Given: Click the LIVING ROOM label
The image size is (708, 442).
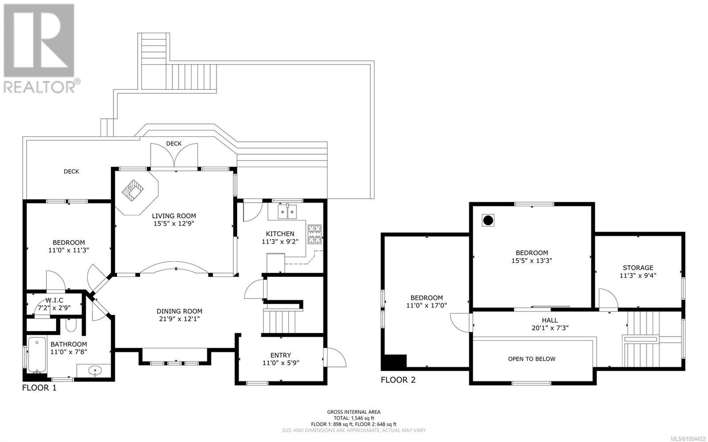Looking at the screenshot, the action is coord(174,216).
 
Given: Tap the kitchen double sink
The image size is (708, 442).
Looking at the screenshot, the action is coord(287,211).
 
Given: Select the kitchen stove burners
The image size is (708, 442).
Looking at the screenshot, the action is coord(315,234).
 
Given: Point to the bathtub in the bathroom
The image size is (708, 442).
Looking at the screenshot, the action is coord(37,355).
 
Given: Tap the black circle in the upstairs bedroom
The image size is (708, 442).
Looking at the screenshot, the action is coord(488,220).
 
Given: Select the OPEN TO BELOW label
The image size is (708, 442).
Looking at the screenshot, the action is coord(531,359).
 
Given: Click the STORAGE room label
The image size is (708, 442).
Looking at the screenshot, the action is coord(638,268).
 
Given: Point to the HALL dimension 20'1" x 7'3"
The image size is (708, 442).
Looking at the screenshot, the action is coord(550,328).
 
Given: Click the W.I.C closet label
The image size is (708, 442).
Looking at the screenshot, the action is coord(54,300).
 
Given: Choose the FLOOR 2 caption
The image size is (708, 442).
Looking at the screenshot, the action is coord(398,380).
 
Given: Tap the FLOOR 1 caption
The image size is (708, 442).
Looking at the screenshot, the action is coord(39,388).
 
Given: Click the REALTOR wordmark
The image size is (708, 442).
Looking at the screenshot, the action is coord(39,87).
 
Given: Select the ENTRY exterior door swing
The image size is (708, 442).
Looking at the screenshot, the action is coord(335,357).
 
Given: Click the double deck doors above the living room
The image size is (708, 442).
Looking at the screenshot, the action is coord(174,157).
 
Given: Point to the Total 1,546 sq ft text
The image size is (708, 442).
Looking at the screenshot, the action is coord(354,418).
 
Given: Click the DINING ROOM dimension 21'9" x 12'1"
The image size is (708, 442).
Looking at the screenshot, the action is coord(179,319).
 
